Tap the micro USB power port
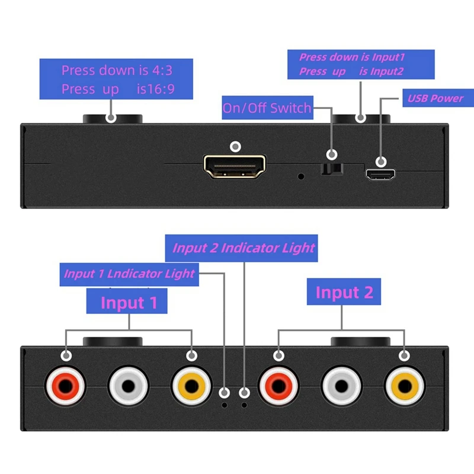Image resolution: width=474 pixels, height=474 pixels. click(381, 174)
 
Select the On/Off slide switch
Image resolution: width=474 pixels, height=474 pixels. click(332, 170)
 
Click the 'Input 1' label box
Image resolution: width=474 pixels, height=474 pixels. click(129, 302)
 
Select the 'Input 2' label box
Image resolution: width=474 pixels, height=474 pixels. click(344, 292)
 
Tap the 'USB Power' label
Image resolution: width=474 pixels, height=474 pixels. click(435, 98)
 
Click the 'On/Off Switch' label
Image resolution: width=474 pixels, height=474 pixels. click(267, 108)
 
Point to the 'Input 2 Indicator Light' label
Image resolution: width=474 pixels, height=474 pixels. click(244, 248)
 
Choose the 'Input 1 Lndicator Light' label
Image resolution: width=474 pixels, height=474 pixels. click(129, 274)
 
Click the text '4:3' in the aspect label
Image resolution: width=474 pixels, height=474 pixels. click(161, 70)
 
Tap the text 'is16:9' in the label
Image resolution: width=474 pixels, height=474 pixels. click(156, 89)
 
